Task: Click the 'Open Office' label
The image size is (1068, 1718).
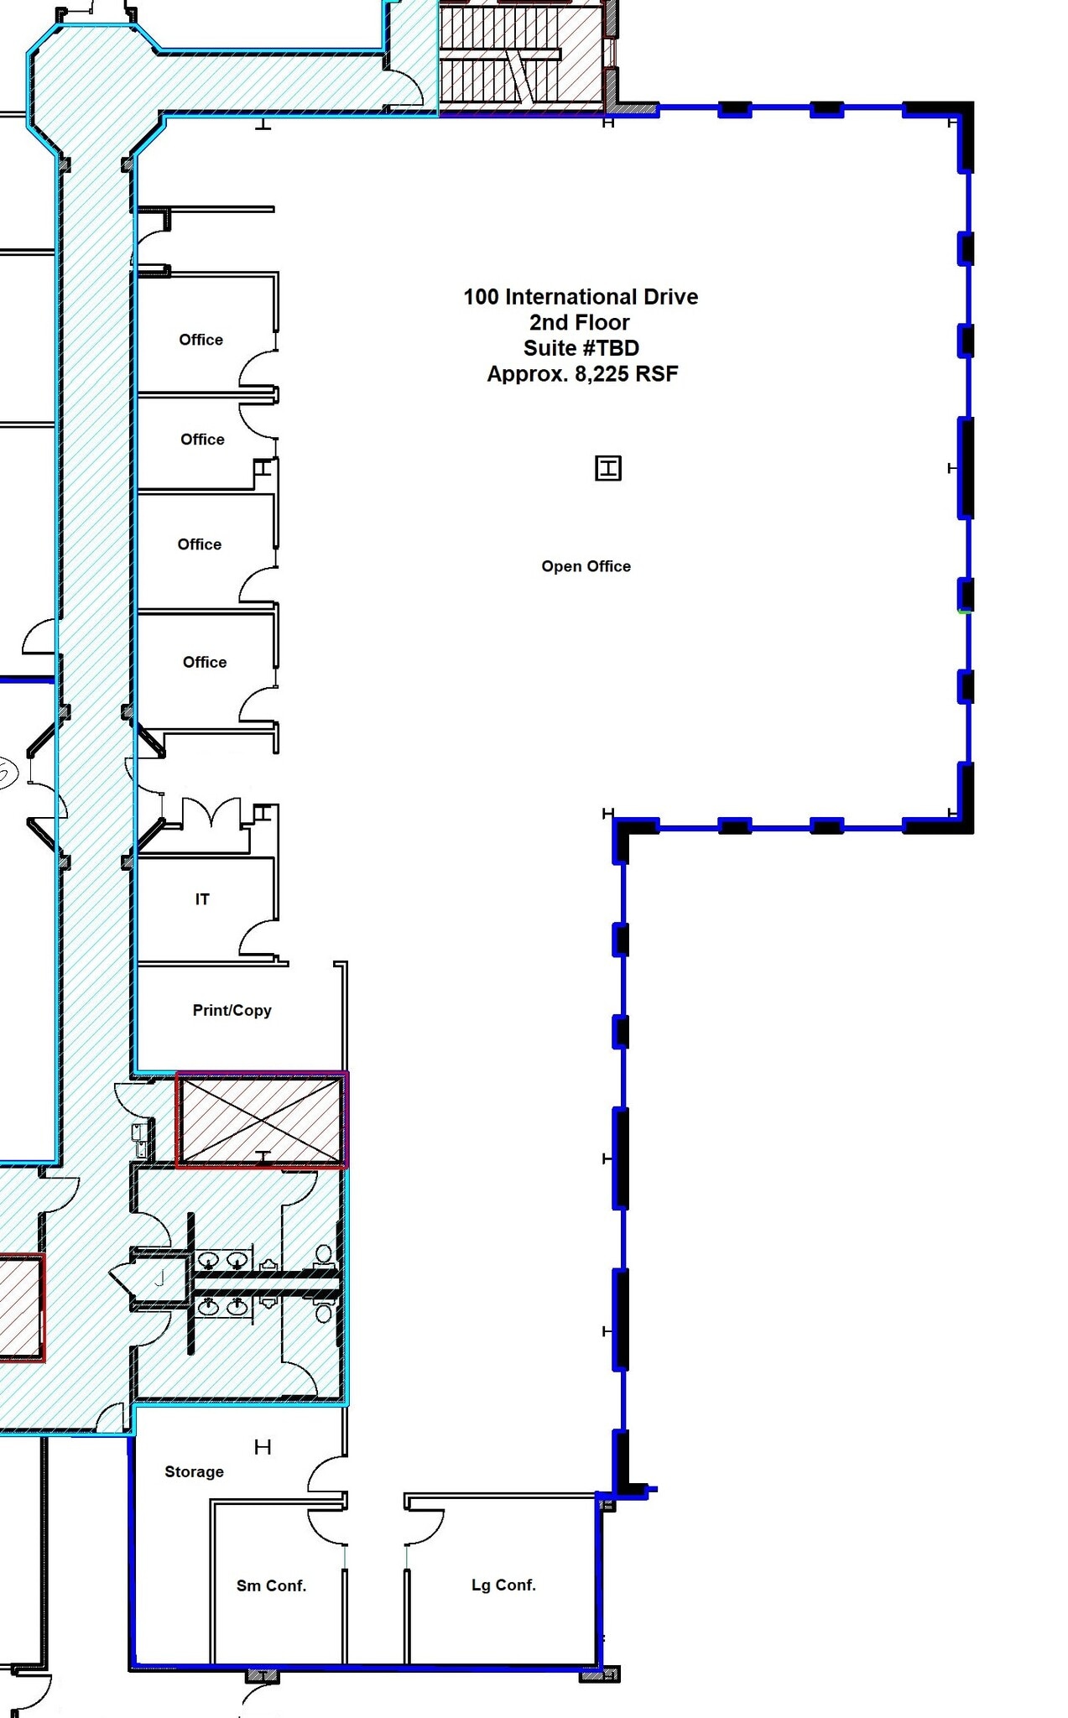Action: [586, 566]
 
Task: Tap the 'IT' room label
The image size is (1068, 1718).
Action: [202, 899]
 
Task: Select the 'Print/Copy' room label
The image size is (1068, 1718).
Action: [232, 1010]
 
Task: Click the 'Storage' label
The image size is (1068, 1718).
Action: [194, 1471]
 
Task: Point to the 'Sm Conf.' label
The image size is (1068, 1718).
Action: [271, 1585]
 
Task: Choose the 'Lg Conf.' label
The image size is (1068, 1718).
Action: [503, 1585]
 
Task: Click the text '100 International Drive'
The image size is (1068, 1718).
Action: [581, 297]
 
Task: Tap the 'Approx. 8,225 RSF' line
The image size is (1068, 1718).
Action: [582, 374]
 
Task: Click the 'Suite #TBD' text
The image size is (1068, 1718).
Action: [581, 348]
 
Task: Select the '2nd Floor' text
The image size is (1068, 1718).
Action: [580, 322]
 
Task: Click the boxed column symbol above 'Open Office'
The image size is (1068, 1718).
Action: [608, 468]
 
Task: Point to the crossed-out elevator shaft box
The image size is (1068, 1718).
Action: [262, 1119]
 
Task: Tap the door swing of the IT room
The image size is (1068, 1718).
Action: [258, 938]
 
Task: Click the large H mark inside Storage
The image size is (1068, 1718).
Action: [263, 1447]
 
